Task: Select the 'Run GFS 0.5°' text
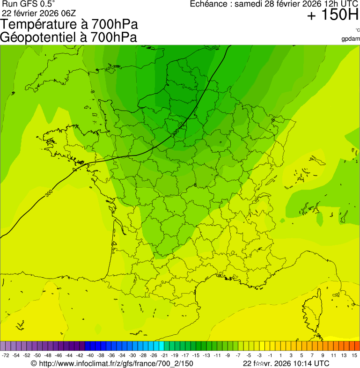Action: [29, 4]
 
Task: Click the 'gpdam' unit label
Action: [351, 38]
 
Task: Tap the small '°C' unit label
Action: [357, 30]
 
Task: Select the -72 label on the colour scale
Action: [6, 356]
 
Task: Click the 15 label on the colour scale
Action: [354, 356]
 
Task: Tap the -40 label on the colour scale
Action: [90, 356]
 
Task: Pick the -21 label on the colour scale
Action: [164, 356]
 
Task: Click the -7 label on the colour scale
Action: [238, 356]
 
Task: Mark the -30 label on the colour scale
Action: [132, 356]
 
